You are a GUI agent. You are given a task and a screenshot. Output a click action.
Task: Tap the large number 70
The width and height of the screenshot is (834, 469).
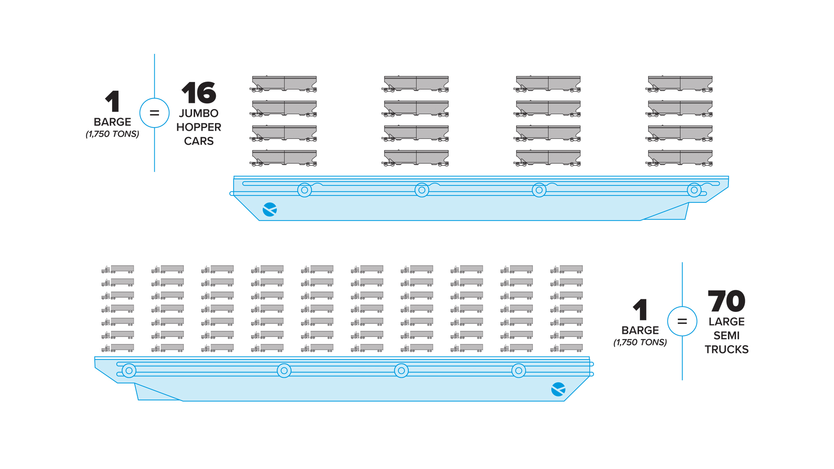click(x=726, y=301)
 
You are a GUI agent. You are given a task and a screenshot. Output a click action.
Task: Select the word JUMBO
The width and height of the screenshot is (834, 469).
click(x=199, y=113)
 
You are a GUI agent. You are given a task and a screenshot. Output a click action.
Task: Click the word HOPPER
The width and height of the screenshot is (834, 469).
click(x=199, y=127)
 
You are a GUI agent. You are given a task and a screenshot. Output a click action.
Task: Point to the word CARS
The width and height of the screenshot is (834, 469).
click(x=199, y=141)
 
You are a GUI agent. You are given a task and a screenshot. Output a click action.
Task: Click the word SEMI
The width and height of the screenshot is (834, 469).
click(x=726, y=336)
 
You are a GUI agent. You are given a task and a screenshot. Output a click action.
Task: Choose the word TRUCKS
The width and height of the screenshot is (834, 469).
click(x=726, y=350)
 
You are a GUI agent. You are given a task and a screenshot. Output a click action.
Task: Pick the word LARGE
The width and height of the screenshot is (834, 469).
click(x=726, y=322)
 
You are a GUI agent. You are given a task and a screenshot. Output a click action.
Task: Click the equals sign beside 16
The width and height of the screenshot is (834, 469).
click(x=154, y=113)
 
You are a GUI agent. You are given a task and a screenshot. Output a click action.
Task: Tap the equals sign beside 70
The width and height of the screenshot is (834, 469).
click(x=682, y=321)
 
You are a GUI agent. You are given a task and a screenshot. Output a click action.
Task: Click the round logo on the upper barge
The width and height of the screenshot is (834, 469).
click(x=270, y=209)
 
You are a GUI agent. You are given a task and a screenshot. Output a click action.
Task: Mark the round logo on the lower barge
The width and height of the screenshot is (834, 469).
click(x=558, y=390)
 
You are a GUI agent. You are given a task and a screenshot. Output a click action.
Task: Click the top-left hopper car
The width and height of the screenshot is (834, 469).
click(x=283, y=84)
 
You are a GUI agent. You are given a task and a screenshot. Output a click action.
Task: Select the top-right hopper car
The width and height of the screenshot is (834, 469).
click(x=679, y=84)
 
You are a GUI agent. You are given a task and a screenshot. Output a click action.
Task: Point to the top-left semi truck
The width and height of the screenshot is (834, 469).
click(x=118, y=269)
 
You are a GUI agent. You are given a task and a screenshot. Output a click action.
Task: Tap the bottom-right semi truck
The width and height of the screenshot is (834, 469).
click(x=566, y=348)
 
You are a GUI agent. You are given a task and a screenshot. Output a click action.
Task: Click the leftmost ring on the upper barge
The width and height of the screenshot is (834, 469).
click(x=304, y=190)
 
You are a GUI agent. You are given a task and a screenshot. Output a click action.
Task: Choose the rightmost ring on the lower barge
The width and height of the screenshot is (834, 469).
click(x=519, y=371)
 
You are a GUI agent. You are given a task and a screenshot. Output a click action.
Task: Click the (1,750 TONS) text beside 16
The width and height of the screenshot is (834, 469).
click(x=113, y=134)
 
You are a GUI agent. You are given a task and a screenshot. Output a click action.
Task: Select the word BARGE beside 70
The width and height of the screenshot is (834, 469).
click(x=640, y=330)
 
